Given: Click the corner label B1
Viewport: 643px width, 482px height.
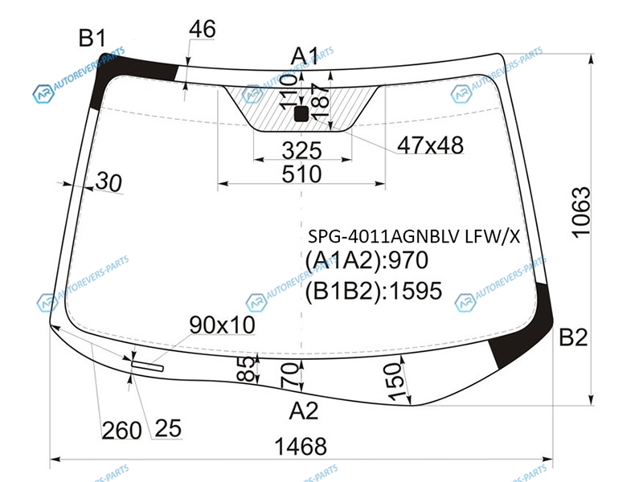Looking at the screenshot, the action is [92, 38].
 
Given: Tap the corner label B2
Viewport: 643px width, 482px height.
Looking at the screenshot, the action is [573, 337].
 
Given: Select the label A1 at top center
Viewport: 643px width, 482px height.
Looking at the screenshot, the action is [305, 56].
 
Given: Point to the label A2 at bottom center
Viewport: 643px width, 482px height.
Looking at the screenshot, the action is [304, 411].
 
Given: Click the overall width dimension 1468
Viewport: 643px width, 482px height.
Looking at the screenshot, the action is [301, 446].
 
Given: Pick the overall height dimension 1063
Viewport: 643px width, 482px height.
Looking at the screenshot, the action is [581, 212].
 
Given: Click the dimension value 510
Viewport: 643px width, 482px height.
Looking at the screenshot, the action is [302, 174].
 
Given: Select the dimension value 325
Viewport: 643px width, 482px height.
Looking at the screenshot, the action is [302, 150].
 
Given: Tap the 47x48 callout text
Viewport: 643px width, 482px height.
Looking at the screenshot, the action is [431, 145].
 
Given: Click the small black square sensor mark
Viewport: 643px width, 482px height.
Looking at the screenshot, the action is [301, 114].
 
